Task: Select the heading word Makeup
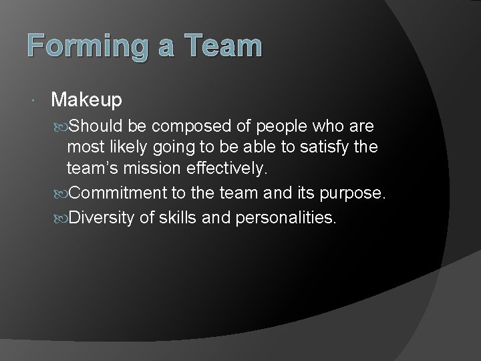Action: tap(86, 100)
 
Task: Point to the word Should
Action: tap(102, 127)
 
